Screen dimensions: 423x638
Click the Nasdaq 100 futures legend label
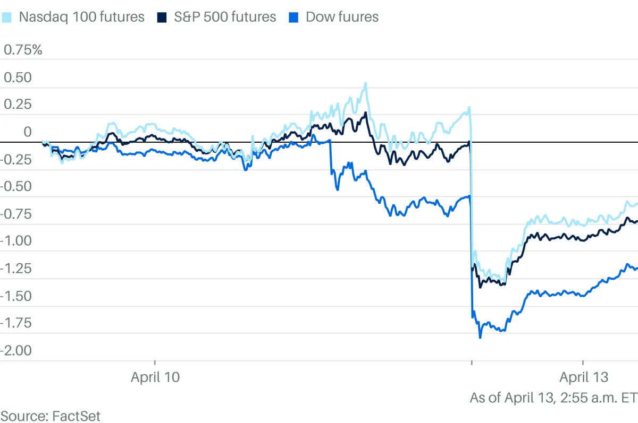81,17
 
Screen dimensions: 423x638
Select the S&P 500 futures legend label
225,17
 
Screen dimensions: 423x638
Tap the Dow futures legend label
342,17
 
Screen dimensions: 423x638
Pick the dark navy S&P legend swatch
162,18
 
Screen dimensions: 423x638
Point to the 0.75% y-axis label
23,50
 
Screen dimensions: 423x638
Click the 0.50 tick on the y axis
18,77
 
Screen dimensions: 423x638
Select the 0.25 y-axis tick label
18,105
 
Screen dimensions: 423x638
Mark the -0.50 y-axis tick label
16,187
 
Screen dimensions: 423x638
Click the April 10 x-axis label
155,377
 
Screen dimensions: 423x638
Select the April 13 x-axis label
583,377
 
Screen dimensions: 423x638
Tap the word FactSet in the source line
77,416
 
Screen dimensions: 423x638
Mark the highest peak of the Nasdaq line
365,83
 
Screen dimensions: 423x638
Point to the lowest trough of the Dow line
480,337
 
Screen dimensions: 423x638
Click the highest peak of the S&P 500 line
366,113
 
